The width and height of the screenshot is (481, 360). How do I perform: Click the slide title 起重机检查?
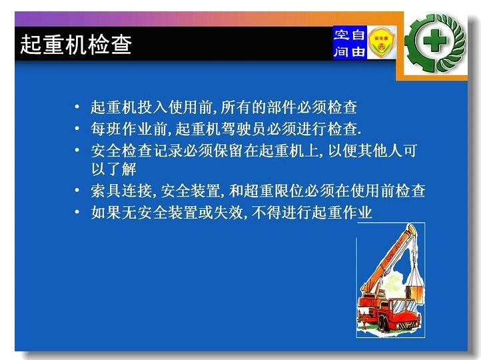(x=76, y=45)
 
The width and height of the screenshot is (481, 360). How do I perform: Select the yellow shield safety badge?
(x=381, y=43)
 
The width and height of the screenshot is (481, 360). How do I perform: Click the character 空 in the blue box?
(x=341, y=35)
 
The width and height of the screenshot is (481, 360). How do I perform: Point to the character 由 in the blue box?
(x=358, y=51)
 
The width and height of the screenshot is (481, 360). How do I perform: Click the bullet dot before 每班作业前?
(x=77, y=128)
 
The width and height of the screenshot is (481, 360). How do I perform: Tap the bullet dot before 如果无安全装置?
(x=77, y=212)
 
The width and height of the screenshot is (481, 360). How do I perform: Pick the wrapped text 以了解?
(x=114, y=169)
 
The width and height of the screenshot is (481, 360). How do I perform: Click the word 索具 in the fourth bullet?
(x=106, y=191)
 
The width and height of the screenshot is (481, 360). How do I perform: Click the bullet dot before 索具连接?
(x=77, y=190)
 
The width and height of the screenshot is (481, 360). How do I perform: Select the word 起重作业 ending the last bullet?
(x=342, y=212)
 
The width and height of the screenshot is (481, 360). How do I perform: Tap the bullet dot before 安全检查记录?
(x=77, y=150)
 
